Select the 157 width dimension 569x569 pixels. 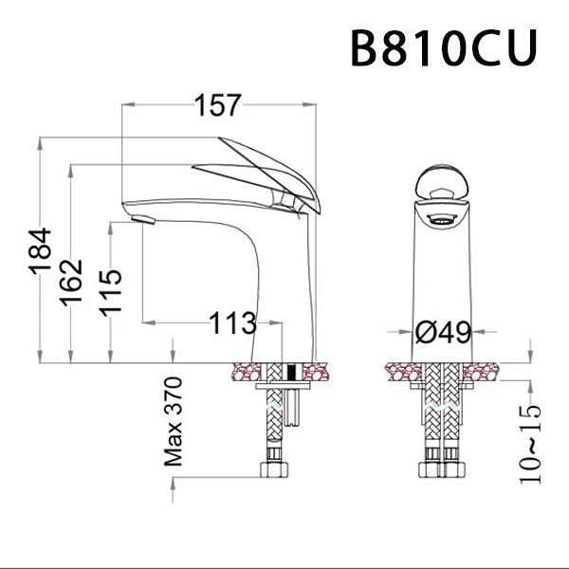click(217, 106)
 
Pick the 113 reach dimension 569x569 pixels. click(233, 323)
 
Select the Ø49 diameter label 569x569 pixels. click(443, 332)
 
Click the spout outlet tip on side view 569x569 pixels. click(142, 221)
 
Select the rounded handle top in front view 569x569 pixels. click(443, 180)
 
